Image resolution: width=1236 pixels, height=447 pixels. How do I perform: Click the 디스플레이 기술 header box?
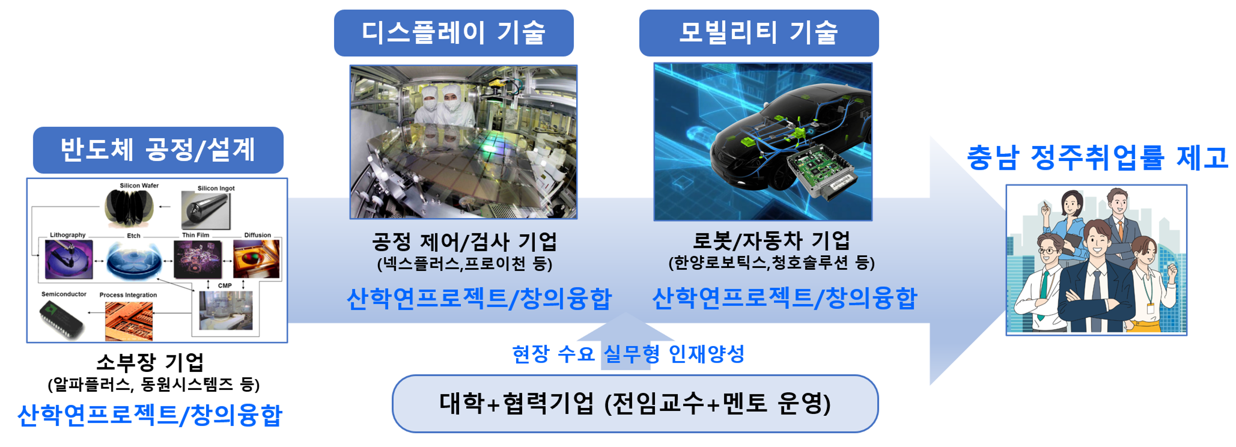point(454,33)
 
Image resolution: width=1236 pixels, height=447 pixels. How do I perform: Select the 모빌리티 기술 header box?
point(759,33)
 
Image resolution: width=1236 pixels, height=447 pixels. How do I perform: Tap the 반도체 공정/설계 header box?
point(158,150)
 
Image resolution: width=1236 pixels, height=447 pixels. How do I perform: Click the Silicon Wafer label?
point(139,185)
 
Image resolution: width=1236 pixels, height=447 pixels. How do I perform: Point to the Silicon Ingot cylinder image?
point(206,210)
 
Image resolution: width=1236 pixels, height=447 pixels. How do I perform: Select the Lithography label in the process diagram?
point(67,235)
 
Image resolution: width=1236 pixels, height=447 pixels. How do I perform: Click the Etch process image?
point(134,261)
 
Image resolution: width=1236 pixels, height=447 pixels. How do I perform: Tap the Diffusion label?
point(257,235)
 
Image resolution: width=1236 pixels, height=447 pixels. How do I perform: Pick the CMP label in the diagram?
point(225,285)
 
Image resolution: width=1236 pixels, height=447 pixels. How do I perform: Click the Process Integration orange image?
point(129,321)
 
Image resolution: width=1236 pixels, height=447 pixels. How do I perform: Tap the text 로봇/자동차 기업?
point(771,240)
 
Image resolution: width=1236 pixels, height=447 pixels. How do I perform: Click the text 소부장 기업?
point(150,362)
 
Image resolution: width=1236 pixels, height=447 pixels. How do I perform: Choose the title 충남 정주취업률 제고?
point(1097,158)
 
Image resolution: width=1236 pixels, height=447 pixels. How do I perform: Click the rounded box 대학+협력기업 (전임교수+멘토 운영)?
point(635,404)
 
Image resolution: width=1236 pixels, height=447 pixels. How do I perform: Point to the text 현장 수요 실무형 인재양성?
point(628,354)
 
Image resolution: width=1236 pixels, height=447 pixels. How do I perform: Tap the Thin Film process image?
point(197,260)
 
